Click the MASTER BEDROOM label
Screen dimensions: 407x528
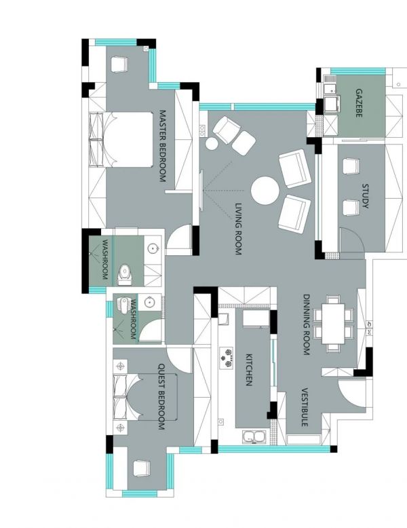point(163,146)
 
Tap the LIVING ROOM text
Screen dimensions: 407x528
point(238,229)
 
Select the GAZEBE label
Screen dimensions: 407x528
point(359,102)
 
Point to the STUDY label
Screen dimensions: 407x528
point(365,195)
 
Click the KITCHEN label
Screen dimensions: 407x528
point(249,369)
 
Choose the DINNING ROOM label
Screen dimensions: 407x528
point(306,324)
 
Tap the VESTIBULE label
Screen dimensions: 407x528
point(305,407)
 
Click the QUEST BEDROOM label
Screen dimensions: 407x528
point(161,396)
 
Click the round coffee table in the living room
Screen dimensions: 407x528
point(265,191)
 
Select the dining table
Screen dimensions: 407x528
point(333,324)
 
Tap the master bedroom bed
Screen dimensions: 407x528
point(121,139)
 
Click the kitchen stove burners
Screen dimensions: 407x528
point(227,358)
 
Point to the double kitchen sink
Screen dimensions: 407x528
point(254,437)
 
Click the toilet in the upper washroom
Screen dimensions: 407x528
point(125,274)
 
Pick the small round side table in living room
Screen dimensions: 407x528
point(212,144)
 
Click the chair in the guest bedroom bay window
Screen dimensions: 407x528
point(141,468)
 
